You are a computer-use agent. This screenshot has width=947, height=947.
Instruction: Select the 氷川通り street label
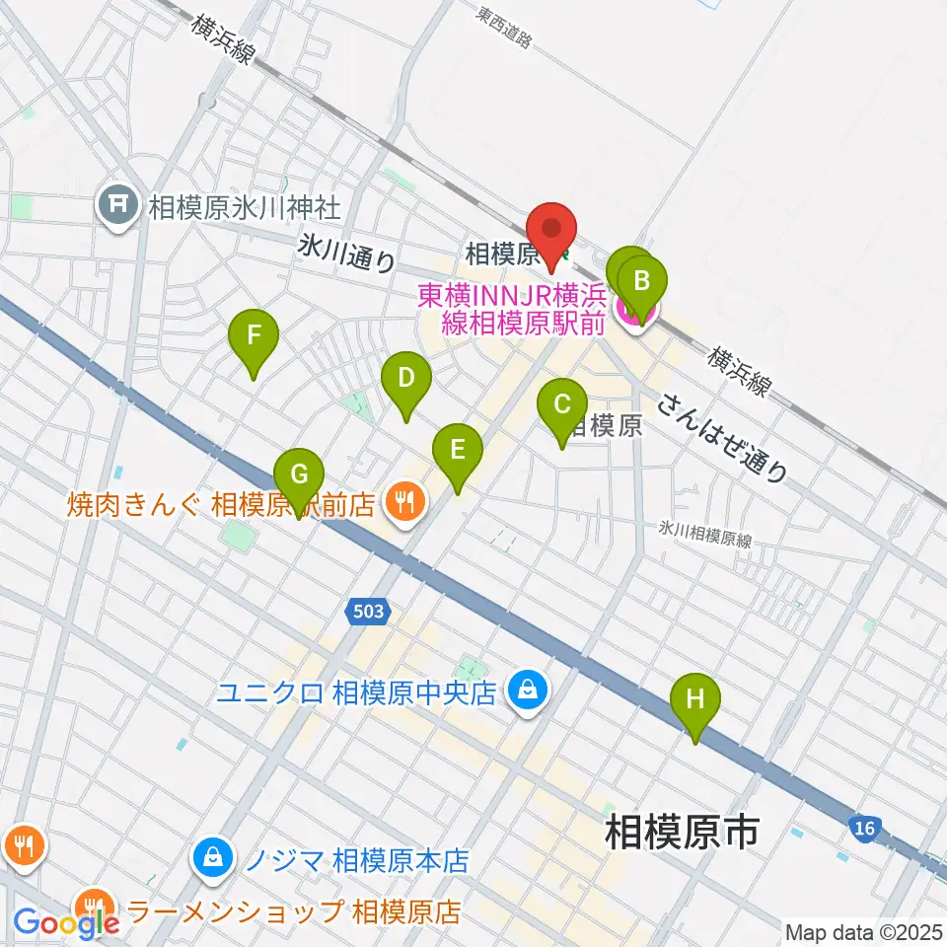tap(346, 255)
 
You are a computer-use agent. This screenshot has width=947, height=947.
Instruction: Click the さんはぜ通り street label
tap(724, 438)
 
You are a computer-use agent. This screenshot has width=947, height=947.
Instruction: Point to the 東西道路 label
tap(504, 28)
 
